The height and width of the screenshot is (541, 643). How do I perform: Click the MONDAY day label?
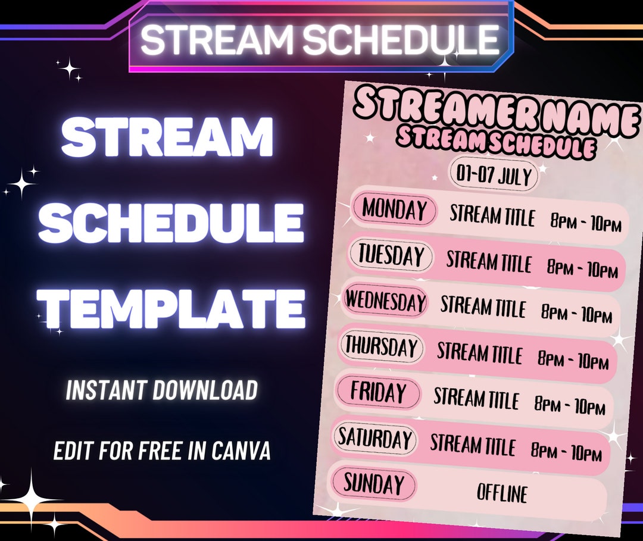click(x=394, y=210)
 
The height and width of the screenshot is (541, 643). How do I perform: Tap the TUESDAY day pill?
click(x=391, y=255)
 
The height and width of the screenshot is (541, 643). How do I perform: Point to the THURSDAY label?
click(x=382, y=346)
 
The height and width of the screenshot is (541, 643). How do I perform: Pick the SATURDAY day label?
click(x=375, y=439)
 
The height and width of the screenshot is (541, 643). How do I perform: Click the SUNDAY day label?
click(x=373, y=483)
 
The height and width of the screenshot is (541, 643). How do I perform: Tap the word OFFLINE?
click(x=502, y=493)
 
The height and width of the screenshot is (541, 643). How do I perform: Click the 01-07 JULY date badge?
click(x=494, y=176)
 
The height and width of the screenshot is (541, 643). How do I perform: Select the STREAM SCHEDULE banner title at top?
click(x=320, y=39)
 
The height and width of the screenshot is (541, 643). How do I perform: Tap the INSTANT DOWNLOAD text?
click(x=161, y=390)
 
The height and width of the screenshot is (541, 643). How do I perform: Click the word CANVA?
click(x=241, y=451)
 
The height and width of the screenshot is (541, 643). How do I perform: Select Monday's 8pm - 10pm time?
click(x=586, y=223)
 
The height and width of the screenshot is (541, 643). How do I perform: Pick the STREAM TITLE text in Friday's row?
click(x=476, y=399)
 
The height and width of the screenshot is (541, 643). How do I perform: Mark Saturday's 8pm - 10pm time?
click(x=566, y=452)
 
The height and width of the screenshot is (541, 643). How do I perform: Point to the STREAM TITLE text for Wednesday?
click(x=483, y=307)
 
